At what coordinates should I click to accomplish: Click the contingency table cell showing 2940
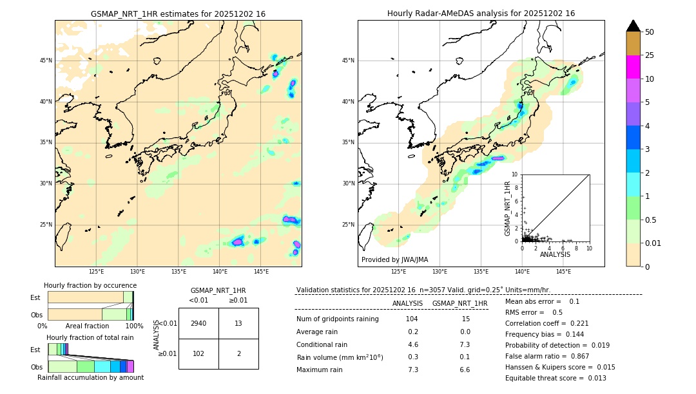[x=198, y=323]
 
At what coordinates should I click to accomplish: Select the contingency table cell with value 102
[x=198, y=353]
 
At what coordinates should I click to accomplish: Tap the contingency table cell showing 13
[x=238, y=323]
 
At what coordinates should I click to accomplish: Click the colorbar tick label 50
[x=650, y=32]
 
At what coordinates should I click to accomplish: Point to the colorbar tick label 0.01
[x=653, y=243]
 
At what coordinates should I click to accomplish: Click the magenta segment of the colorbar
[x=633, y=67]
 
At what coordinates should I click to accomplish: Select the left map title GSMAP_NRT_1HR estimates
[x=178, y=14]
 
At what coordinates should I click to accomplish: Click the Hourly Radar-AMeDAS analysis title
[x=481, y=14]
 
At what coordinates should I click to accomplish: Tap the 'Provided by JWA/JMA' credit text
[x=394, y=259]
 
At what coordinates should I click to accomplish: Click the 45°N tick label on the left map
[x=46, y=61]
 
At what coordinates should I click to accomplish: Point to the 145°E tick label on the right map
[x=563, y=272]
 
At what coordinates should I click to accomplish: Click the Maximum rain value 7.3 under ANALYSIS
[x=413, y=370]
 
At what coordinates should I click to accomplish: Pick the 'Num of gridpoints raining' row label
[x=337, y=319]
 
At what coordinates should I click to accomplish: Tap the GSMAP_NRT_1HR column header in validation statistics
[x=459, y=303]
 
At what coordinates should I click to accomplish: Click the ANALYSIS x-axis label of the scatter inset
[x=555, y=254]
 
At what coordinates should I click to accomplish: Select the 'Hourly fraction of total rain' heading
[x=90, y=337]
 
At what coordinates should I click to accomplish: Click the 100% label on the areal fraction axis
[x=134, y=326]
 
